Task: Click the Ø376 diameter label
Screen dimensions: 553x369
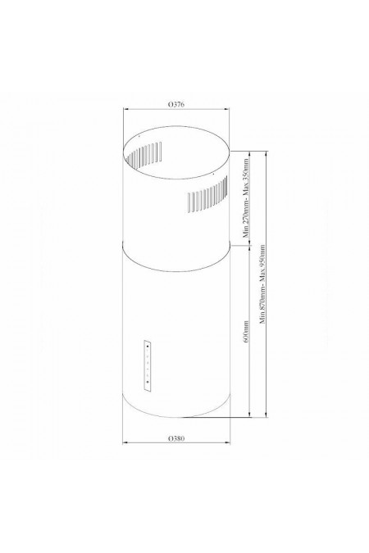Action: point(175,105)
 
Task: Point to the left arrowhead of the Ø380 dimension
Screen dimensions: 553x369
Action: point(125,444)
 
